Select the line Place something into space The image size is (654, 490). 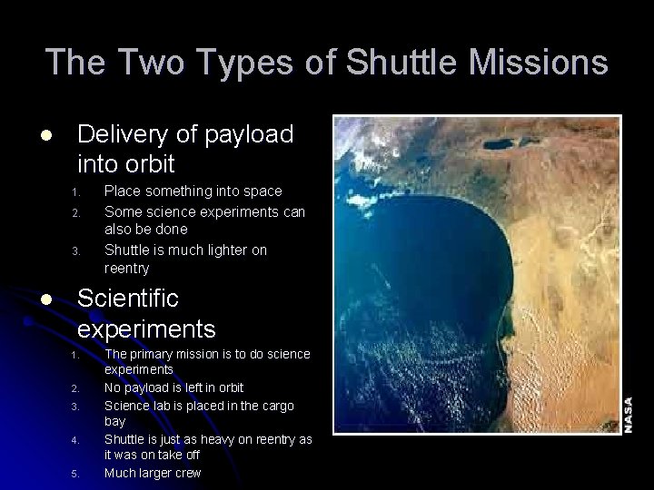click(193, 191)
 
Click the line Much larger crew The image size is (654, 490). click(153, 473)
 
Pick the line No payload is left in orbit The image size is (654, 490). click(173, 387)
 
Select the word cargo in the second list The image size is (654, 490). click(285, 405)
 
